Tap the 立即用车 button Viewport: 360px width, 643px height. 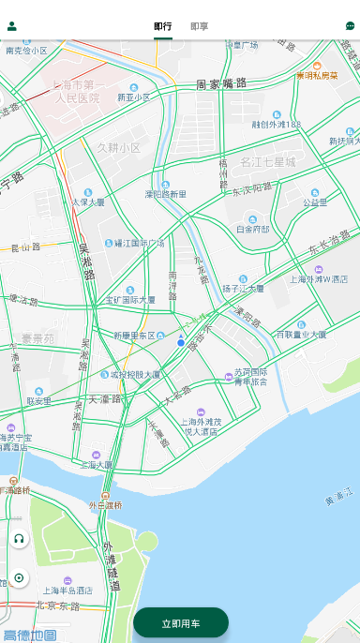pos(181,623)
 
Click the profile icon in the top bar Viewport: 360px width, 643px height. pos(12,26)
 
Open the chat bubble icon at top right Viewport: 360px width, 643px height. pos(351,26)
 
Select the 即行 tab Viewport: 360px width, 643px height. pos(163,26)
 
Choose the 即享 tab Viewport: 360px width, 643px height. pos(199,26)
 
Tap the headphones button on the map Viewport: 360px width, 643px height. pos(19,538)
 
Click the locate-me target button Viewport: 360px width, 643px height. pos(19,577)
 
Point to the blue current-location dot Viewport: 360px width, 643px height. pos(181,343)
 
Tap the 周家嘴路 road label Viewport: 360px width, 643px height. pos(221,84)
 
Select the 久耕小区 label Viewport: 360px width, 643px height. pos(118,148)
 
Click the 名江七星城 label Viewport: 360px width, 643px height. pos(267,162)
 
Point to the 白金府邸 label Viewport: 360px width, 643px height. pos(252,228)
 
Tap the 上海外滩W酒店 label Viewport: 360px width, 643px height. pos(320,278)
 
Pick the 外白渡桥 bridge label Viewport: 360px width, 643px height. pos(105,505)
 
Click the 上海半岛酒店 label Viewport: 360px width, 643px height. pos(67,591)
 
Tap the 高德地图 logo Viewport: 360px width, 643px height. pos(29,635)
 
